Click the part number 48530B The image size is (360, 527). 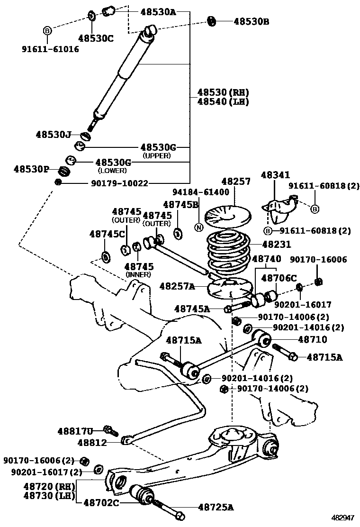[x=251, y=21]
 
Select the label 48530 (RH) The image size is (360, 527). [x=223, y=92]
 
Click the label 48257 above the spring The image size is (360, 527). [x=236, y=181]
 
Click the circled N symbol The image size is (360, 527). [x=198, y=227]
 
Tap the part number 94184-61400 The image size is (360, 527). [x=200, y=192]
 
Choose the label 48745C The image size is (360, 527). [x=107, y=234]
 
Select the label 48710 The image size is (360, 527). [x=312, y=339]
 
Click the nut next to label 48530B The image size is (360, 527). [x=212, y=21]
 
